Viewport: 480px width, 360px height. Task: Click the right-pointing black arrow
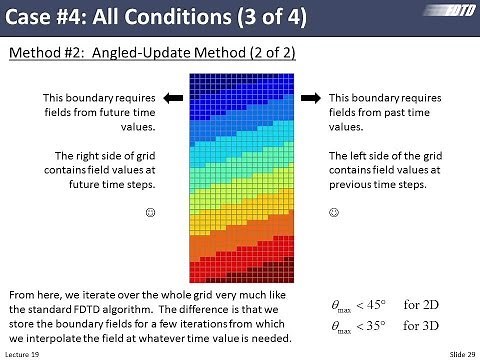tap(310, 98)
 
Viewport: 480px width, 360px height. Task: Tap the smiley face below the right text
tap(334, 212)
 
